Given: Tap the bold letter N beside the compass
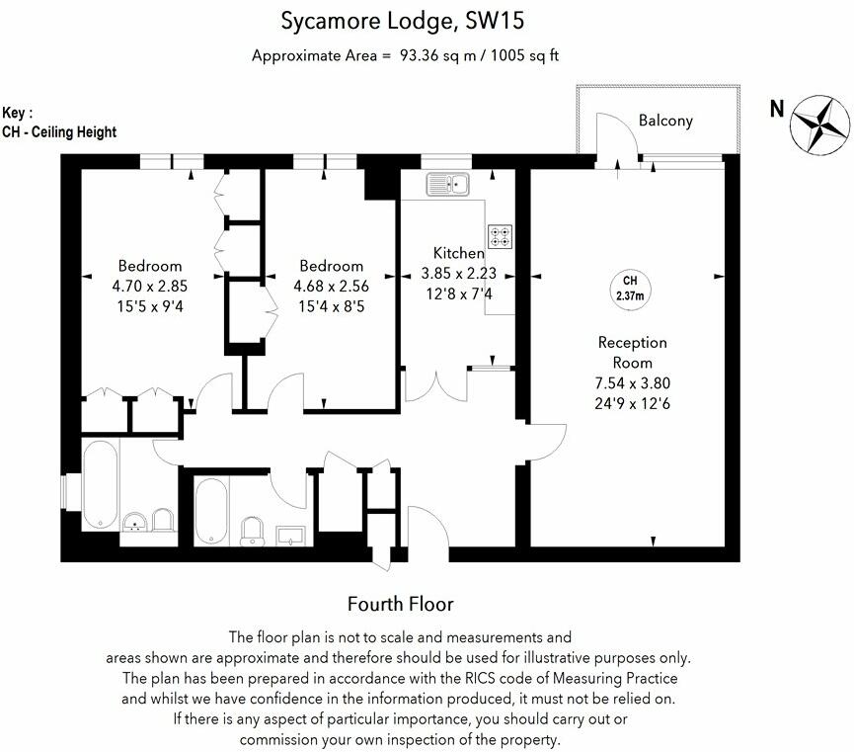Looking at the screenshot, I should tap(777, 108).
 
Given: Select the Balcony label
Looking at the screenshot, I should tap(665, 121).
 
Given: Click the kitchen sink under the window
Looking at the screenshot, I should tap(448, 184).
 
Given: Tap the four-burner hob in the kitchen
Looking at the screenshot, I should tap(500, 236).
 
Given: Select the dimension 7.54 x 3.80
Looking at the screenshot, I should tap(633, 382).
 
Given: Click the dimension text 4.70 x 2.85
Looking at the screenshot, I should tap(150, 285).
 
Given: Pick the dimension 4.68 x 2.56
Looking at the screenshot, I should tap(331, 285).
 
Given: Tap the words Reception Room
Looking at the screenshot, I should tap(633, 353).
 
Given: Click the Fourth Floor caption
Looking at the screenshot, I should tap(401, 604).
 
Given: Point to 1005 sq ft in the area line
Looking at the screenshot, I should tap(522, 55).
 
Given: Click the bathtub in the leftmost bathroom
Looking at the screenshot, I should tap(101, 483).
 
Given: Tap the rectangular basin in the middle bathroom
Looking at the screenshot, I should tap(290, 535).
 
